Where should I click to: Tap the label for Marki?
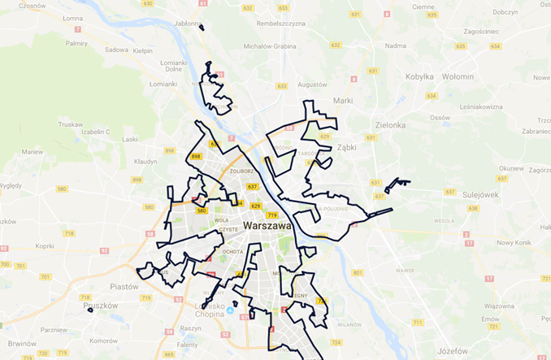point(343,101)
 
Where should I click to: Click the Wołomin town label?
point(458,76)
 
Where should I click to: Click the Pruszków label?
point(102,305)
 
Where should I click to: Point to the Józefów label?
point(452,351)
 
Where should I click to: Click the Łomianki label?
point(163,84)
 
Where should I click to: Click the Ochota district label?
point(232,251)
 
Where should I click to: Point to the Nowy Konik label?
point(514,242)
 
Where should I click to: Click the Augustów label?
point(312,85)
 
